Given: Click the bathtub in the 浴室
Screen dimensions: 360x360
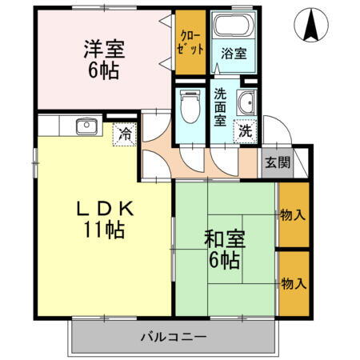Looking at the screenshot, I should pos(232,29).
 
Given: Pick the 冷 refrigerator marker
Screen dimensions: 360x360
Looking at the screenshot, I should pos(126,134).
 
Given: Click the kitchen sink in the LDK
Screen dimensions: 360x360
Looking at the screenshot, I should pos(86,126).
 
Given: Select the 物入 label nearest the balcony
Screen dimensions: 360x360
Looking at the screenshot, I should pos(292,283).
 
